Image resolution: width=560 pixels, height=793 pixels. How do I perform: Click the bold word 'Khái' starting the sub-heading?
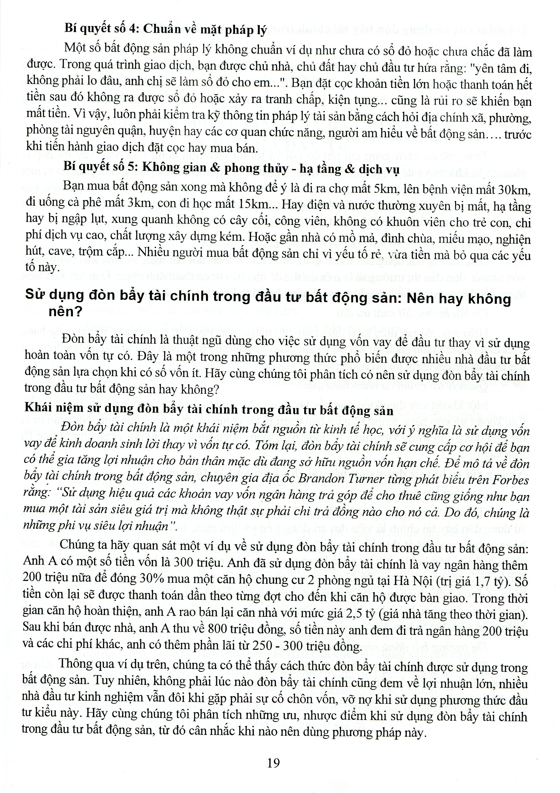click(x=37, y=412)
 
